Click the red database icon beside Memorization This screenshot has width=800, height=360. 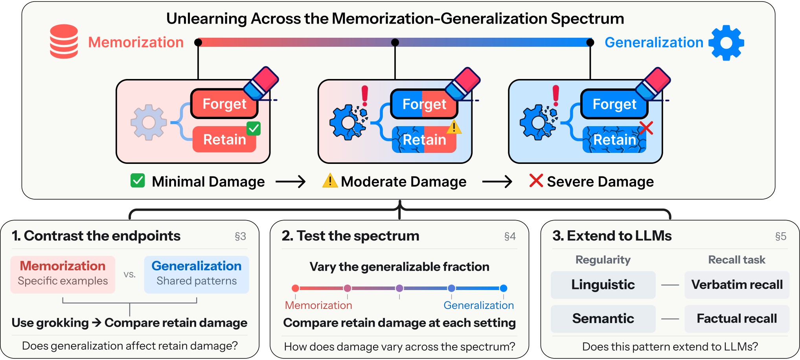pyautogui.click(x=64, y=41)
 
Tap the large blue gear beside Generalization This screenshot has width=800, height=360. pyautogui.click(x=726, y=43)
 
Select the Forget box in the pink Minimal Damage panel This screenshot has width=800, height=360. pyautogui.click(x=224, y=104)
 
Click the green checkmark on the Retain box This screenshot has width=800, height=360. pyautogui.click(x=254, y=129)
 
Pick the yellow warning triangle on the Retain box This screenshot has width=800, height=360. pyautogui.click(x=454, y=127)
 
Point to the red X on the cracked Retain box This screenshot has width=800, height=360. pyautogui.click(x=646, y=128)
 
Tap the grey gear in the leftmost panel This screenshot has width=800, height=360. pyautogui.click(x=149, y=122)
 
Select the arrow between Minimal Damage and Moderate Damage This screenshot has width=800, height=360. pyautogui.click(x=291, y=182)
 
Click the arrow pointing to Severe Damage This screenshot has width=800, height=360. pyautogui.click(x=497, y=182)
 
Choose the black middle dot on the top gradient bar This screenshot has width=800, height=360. pyautogui.click(x=395, y=42)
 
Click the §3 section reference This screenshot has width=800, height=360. pyautogui.click(x=240, y=236)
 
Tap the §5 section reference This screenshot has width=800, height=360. pyautogui.click(x=781, y=236)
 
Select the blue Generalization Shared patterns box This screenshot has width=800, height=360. pyautogui.click(x=197, y=274)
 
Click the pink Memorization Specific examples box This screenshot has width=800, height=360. pyautogui.click(x=63, y=274)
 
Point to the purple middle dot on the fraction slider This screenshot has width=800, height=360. pyautogui.click(x=399, y=288)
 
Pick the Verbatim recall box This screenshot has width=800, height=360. pyautogui.click(x=737, y=285)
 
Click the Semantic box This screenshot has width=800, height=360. pyautogui.click(x=603, y=318)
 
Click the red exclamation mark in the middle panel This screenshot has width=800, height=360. pyautogui.click(x=365, y=96)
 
